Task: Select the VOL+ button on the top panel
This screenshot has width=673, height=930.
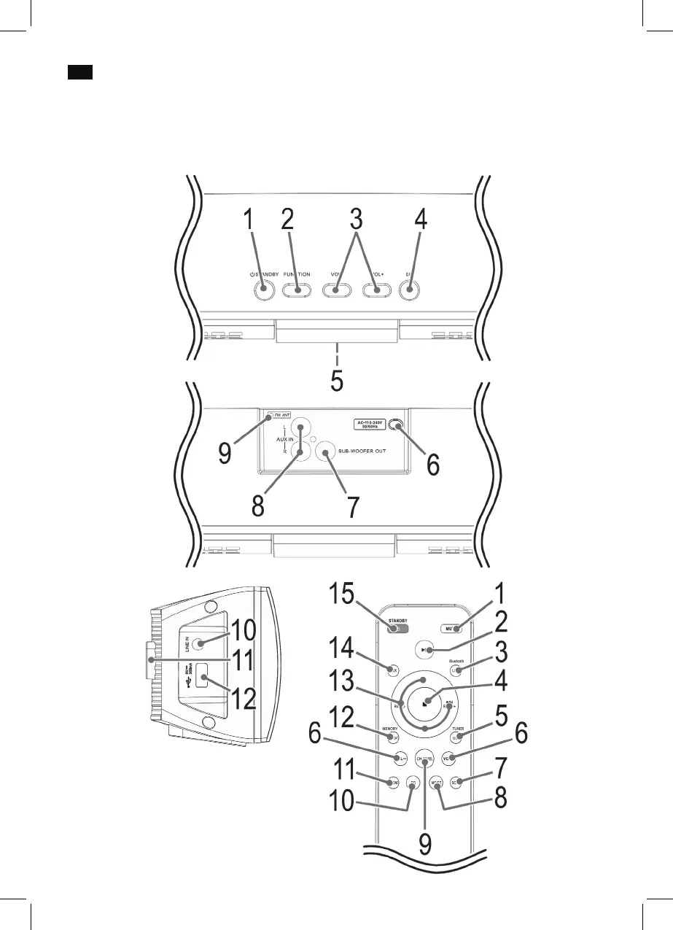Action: point(377,290)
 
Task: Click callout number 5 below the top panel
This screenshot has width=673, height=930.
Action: point(337,381)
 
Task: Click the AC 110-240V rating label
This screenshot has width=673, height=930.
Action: point(364,424)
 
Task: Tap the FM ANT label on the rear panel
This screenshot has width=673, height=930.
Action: point(278,415)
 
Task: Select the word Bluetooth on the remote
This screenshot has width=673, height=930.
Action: point(456,660)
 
